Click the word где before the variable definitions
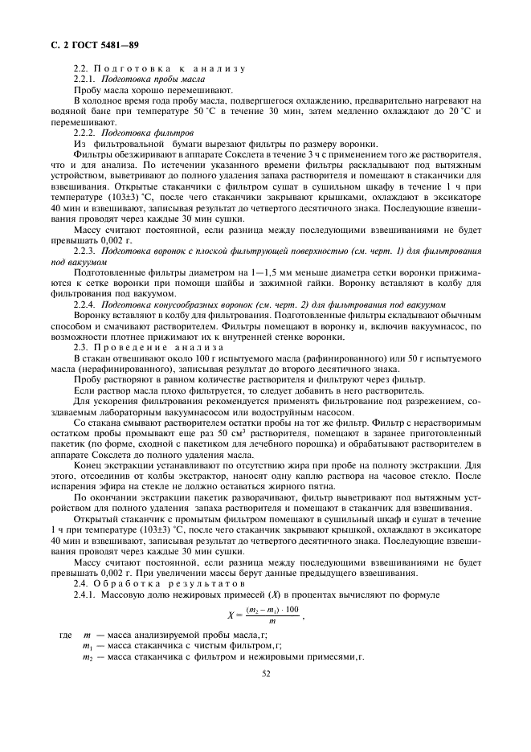(66, 635)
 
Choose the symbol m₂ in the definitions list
(88, 656)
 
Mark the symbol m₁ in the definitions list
(88, 646)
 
